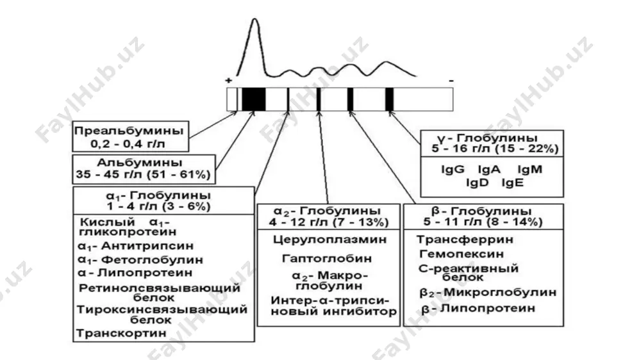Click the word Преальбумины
tap(129, 131)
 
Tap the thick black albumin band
tap(253, 99)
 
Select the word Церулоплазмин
tap(330, 239)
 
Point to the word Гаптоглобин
tap(327, 259)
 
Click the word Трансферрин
tap(465, 240)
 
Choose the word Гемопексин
tap(462, 254)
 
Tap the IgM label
tap(530, 169)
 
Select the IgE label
tap(513, 183)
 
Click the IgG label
tap(453, 169)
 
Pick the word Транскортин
tap(121, 333)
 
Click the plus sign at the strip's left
tap(229, 80)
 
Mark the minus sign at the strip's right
tap(451, 81)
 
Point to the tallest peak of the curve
tap(254, 19)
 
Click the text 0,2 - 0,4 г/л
tap(128, 144)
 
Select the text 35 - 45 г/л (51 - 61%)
tap(143, 175)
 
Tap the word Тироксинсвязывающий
tap(162, 309)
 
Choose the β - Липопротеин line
tap(478, 308)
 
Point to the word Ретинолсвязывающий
tap(160, 288)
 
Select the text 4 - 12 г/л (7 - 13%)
tap(329, 222)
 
